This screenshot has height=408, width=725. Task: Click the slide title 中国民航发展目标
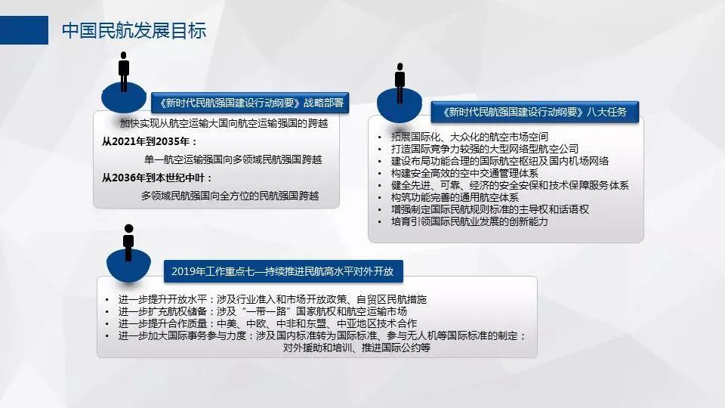(x=134, y=30)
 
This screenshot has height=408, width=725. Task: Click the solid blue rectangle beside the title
(x=24, y=30)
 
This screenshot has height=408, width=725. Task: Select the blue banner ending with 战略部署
(x=250, y=103)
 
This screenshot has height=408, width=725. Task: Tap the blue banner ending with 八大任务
(x=535, y=112)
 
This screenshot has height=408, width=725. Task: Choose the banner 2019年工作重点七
(x=283, y=271)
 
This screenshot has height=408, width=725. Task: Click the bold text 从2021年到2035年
(x=150, y=141)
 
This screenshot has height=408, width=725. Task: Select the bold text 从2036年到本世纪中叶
(x=157, y=178)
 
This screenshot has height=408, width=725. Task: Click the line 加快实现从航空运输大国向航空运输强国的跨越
(x=224, y=123)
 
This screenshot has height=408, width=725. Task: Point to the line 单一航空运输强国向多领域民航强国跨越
(x=233, y=160)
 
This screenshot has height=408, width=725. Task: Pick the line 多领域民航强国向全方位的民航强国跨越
(x=230, y=196)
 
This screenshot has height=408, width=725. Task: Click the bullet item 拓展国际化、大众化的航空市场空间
(x=469, y=137)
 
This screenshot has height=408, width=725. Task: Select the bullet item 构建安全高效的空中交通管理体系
(x=464, y=173)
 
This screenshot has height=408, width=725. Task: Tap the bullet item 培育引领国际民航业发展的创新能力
(x=469, y=221)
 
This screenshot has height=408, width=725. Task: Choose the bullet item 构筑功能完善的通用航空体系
(x=455, y=197)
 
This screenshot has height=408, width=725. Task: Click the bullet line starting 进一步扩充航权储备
(x=263, y=311)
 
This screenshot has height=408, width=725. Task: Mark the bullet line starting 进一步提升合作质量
(x=267, y=323)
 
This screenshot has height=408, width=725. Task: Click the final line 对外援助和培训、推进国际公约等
(x=356, y=348)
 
